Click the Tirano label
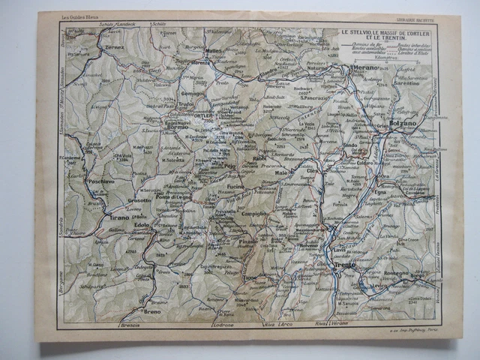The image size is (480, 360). (121, 217)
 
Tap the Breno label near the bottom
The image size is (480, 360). (153, 311)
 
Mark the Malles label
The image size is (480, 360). (214, 52)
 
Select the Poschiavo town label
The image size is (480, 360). (101, 181)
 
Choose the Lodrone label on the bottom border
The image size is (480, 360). (223, 325)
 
